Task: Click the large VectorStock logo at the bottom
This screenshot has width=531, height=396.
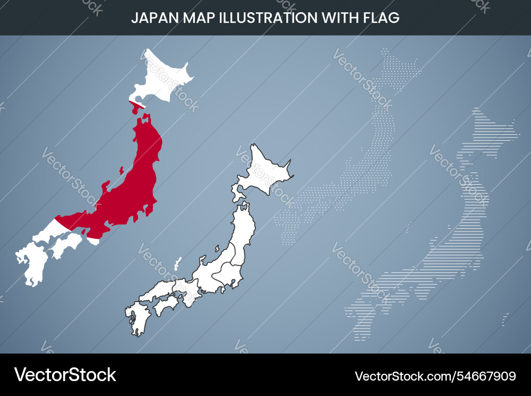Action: pos(65,375)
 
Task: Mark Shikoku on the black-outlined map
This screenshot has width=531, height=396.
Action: pos(166,304)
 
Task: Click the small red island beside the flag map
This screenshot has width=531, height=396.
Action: pos(122,170)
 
